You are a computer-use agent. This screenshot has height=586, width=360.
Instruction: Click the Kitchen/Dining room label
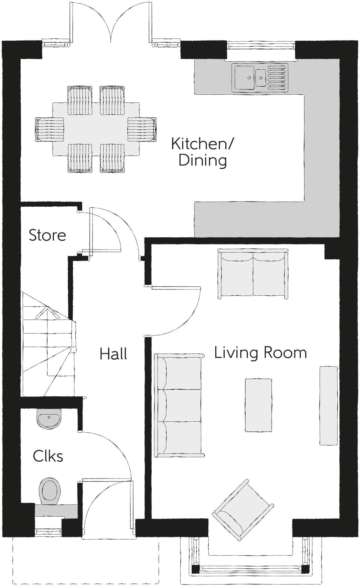click(x=203, y=152)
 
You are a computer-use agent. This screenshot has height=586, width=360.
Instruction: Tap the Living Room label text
click(x=260, y=353)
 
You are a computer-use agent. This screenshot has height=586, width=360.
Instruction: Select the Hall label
click(x=113, y=354)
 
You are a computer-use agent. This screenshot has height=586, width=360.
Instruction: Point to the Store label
click(x=47, y=235)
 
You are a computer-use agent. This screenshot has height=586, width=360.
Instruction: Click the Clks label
click(x=48, y=456)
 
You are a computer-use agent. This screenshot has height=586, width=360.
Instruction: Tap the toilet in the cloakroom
click(x=49, y=492)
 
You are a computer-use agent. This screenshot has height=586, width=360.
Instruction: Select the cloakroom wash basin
click(x=49, y=418)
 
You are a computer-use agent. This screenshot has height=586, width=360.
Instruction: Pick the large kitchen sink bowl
click(x=244, y=77)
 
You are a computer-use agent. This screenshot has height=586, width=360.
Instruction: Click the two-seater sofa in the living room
click(x=253, y=274)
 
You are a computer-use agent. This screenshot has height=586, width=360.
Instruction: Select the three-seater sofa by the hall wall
click(x=179, y=405)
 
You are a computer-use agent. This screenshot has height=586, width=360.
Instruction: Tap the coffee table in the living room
click(x=258, y=405)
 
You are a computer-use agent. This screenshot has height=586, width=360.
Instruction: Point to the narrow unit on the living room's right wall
click(x=328, y=406)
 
